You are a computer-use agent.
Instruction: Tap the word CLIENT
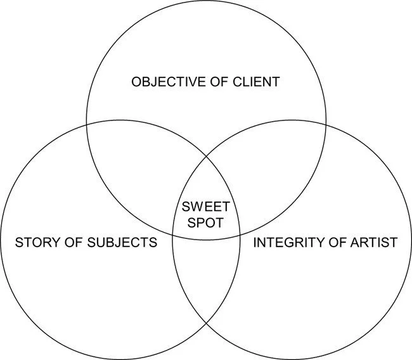pos(257,82)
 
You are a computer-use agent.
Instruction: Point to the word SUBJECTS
pos(125,242)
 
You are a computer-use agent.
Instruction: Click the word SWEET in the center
pos(206,206)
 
